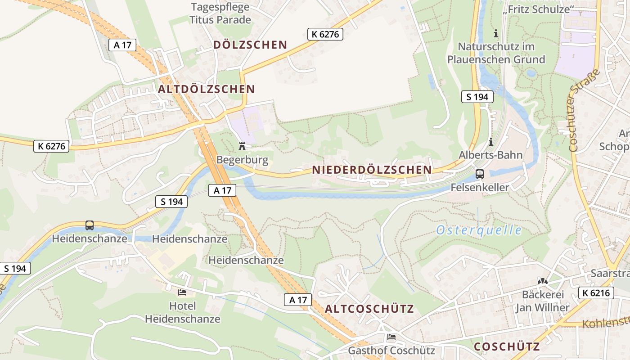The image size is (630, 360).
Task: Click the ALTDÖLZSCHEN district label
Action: point(206,89)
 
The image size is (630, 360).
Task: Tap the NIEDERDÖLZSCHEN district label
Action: point(372,170)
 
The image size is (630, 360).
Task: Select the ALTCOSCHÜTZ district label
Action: point(369,309)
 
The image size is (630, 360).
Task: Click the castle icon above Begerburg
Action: point(242,147)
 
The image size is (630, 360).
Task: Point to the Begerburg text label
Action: point(242,160)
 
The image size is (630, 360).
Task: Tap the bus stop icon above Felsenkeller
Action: point(480,174)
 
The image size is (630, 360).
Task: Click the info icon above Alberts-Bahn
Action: point(490,142)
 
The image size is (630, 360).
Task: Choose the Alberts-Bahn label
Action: point(490,155)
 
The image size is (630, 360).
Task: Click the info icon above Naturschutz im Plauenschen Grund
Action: point(496,33)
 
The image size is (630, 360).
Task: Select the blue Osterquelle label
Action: point(479,230)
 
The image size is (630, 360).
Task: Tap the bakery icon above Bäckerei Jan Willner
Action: point(543,281)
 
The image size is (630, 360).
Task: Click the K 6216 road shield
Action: point(596,293)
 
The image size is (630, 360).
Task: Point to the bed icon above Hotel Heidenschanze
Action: point(182,292)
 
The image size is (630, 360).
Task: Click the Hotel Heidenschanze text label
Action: point(182,313)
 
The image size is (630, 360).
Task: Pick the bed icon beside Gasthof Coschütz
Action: point(391,337)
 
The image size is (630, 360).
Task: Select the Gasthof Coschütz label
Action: point(391,351)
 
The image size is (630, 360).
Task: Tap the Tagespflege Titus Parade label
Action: point(220,13)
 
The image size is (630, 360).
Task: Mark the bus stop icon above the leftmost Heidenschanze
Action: point(90,225)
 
